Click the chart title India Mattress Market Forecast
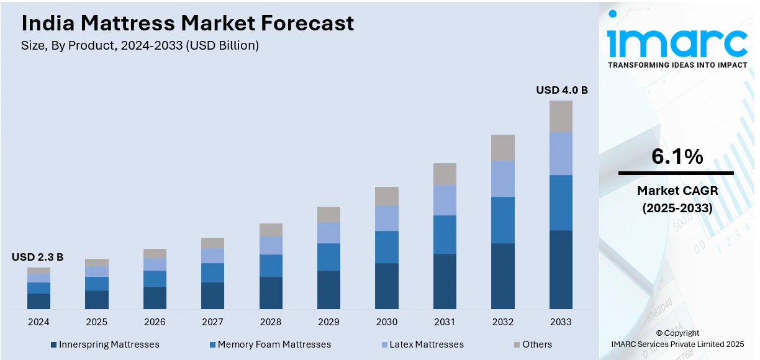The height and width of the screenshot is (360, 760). tap(188, 23)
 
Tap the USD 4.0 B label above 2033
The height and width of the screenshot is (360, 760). tap(561, 90)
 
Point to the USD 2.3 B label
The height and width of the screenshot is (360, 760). tap(37, 257)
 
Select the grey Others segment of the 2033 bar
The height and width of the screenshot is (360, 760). tap(561, 116)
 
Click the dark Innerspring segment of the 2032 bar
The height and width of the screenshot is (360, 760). tap(503, 276)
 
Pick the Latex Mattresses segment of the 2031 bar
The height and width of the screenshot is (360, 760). tap(445, 200)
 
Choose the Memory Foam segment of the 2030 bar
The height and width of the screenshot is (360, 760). tap(387, 247)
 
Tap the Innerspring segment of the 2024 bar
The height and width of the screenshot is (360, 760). tap(38, 301)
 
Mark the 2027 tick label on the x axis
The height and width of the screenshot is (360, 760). tap(212, 322)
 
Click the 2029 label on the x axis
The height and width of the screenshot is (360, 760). tap(328, 322)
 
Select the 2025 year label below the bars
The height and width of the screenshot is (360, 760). tap(96, 322)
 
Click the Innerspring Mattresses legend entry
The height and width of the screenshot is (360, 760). tap(105, 344)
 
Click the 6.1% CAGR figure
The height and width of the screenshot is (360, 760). tap(677, 156)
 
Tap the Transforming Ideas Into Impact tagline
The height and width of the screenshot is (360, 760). tap(677, 65)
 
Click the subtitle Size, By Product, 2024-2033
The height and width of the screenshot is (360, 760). tap(140, 45)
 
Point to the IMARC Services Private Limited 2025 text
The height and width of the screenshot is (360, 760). tap(677, 344)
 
